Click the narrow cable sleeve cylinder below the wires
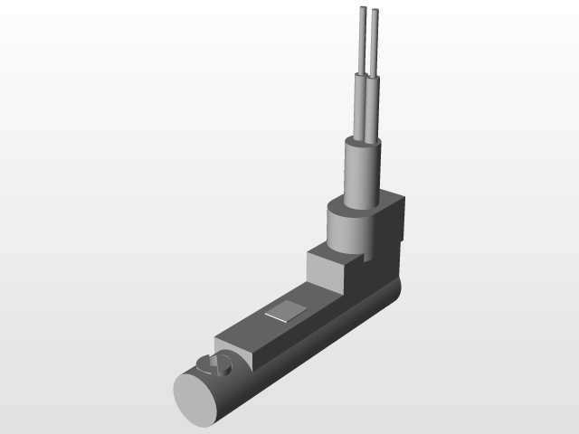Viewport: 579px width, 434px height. click(362, 176)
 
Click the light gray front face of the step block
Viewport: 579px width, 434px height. click(324, 271)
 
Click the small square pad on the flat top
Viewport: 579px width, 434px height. click(287, 313)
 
